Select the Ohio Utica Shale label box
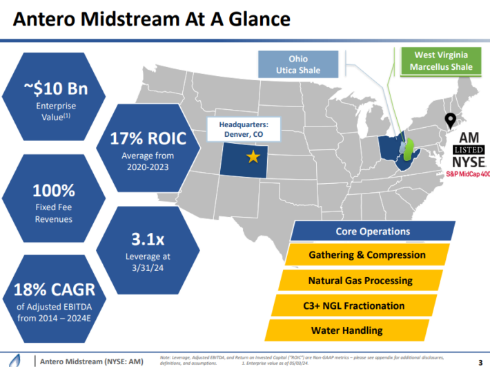pyautogui.click(x=298, y=64)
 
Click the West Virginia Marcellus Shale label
pyautogui.click(x=440, y=61)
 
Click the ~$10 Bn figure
pyautogui.click(x=46, y=90)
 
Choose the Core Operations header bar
pyautogui.click(x=373, y=232)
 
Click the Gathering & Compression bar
pyautogui.click(x=366, y=255)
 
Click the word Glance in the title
pyautogui.click(x=257, y=19)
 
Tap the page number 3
pyautogui.click(x=480, y=361)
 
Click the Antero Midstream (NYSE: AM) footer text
pyautogui.click(x=90, y=361)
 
